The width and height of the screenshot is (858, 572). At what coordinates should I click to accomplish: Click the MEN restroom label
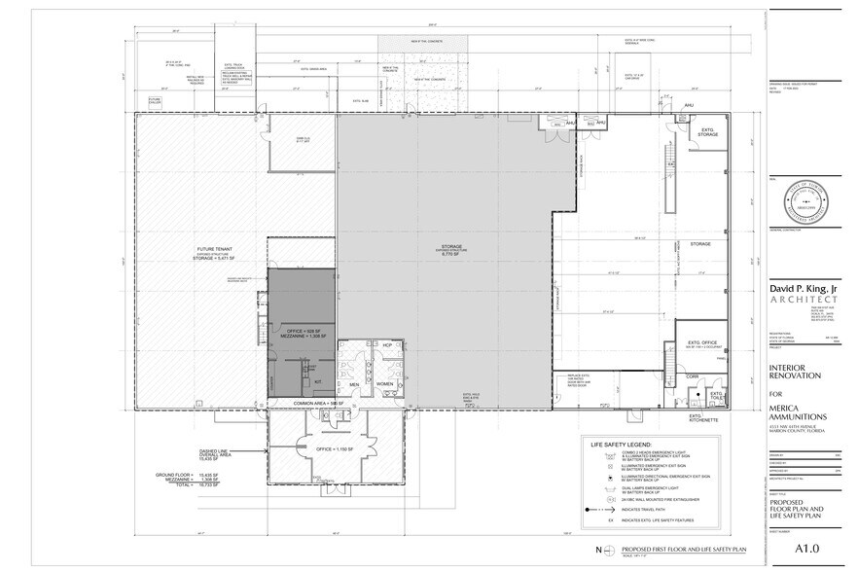point(355,384)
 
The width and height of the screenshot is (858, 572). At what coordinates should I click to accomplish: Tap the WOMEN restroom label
point(384,384)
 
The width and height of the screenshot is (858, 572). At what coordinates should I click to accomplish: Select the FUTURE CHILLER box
point(154,100)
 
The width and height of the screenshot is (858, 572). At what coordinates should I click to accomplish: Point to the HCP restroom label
point(385,345)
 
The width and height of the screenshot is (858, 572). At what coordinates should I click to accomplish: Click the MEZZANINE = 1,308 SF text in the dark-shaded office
point(303,337)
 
